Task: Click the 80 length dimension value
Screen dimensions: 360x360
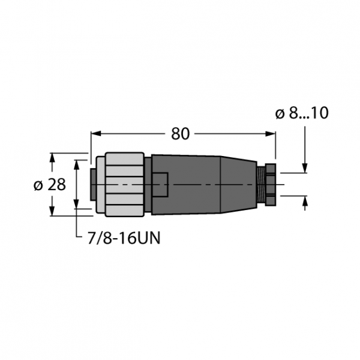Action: [181, 134]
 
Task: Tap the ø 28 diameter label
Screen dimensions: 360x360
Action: [50, 184]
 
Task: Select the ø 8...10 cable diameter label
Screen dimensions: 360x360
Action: [302, 113]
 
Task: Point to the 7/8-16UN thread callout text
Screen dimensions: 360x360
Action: [124, 238]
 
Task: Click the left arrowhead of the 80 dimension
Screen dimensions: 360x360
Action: [96, 134]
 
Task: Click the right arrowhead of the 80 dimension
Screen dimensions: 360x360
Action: [271, 134]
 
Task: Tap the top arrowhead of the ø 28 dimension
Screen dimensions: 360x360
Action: [52, 158]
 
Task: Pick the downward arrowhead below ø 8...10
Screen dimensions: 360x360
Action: [305, 168]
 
